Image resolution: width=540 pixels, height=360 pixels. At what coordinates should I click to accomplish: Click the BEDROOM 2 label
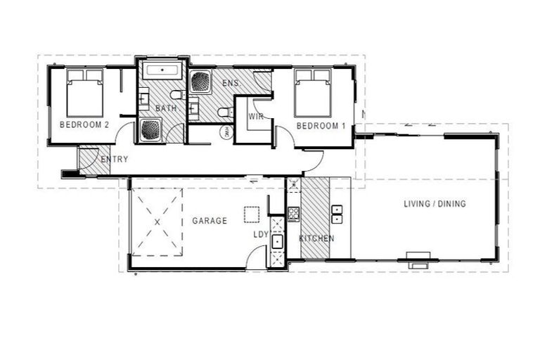tap(84, 125)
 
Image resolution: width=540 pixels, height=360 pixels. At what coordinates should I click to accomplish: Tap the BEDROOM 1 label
tap(321, 126)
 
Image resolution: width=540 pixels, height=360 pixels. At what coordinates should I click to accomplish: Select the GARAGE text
tap(210, 221)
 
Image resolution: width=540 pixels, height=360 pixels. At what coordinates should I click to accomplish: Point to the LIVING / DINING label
tap(435, 204)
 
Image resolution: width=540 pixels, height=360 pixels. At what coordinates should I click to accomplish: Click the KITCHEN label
tap(316, 239)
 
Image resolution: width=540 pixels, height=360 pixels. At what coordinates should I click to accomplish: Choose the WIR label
tap(255, 117)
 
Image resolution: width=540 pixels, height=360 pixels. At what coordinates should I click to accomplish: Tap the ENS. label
tap(231, 84)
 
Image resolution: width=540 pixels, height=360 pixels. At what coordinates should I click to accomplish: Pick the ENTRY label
tap(114, 160)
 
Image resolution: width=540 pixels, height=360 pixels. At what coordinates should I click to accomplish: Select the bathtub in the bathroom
tap(162, 71)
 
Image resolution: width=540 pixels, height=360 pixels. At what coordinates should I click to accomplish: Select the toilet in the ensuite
tap(224, 112)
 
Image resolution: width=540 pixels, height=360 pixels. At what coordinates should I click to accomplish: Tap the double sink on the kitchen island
tap(337, 214)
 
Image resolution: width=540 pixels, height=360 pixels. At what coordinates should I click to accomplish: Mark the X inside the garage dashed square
tap(157, 221)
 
